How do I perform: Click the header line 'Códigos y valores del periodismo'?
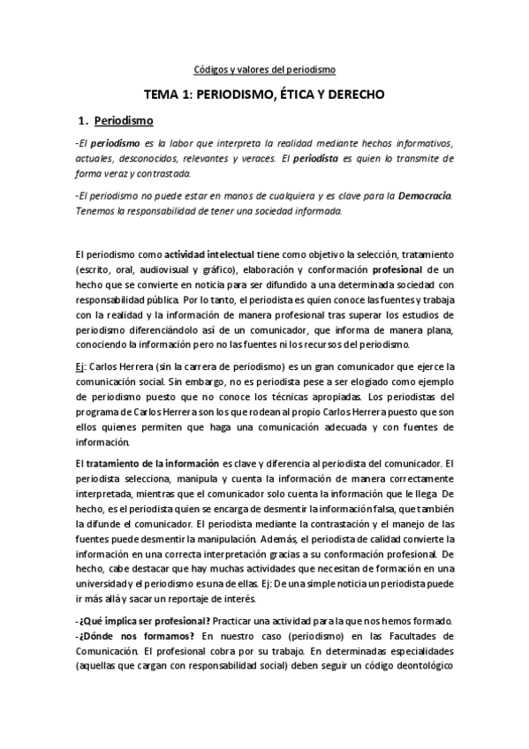click(265, 68)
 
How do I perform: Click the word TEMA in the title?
click(164, 93)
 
